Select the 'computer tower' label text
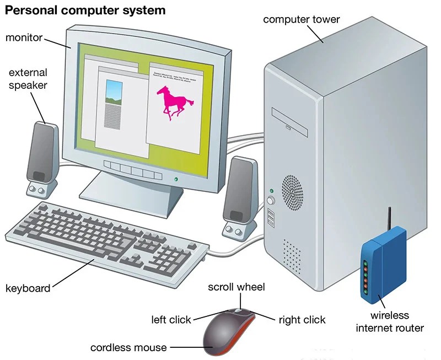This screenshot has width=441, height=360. (301, 20)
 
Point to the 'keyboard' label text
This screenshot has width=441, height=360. (28, 288)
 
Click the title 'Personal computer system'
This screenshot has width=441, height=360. (85, 10)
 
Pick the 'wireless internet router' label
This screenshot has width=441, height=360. (390, 322)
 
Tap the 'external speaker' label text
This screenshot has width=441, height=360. (28, 79)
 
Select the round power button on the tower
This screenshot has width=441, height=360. (271, 201)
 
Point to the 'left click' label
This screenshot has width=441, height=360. (171, 320)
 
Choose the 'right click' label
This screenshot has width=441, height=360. (302, 320)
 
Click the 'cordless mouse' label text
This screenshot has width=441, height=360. (128, 347)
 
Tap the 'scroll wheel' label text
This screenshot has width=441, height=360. (236, 287)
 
